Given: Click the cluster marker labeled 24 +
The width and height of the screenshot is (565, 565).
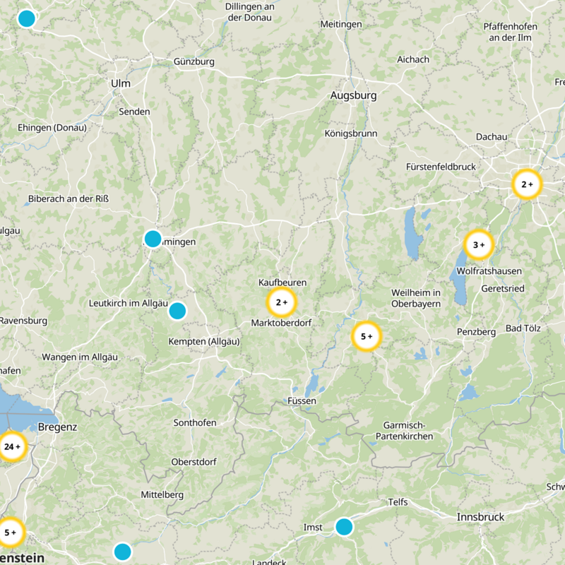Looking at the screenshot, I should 12,446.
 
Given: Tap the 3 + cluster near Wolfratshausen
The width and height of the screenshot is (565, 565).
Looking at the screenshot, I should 479,245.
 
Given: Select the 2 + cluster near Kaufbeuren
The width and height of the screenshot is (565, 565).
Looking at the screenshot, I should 281,302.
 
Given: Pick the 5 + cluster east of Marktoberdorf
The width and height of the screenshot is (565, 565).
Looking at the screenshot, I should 366,336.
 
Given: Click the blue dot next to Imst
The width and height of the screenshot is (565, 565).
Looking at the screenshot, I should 344,527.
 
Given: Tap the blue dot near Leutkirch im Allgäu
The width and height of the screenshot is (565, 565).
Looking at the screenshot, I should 177,311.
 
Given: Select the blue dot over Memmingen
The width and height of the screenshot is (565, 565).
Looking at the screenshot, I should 153,239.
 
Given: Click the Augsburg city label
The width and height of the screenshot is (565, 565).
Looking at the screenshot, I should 353,95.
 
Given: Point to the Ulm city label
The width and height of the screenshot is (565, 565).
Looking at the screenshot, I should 121,83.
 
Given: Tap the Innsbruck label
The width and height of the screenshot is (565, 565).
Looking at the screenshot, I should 480,517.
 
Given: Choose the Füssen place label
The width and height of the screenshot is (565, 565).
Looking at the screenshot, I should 302,400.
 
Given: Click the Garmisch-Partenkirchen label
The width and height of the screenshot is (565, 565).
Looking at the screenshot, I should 408,431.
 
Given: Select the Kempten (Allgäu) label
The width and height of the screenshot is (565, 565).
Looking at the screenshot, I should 204,341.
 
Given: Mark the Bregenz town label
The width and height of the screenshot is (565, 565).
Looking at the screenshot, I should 57,427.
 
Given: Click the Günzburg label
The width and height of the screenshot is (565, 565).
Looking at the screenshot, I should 194,61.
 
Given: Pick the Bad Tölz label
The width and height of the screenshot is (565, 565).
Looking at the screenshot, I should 522,329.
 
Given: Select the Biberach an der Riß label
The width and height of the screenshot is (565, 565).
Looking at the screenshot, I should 69,199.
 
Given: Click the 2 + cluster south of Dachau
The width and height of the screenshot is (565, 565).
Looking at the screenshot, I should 527,184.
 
